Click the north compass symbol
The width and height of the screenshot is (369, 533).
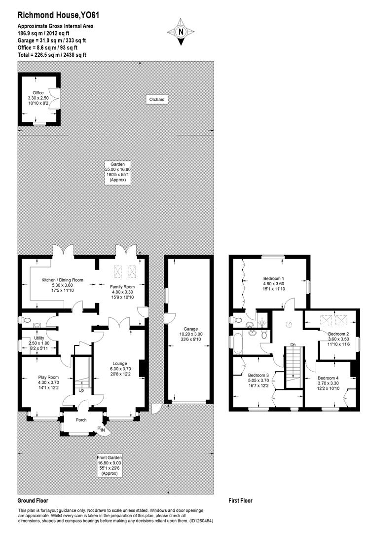(181, 32)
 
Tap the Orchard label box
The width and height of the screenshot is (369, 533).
(157, 100)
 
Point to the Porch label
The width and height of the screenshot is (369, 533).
(80, 420)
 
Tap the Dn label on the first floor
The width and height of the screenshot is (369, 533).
(293, 344)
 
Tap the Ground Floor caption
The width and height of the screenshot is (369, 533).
(33, 500)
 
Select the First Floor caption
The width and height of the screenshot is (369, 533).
(240, 500)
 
